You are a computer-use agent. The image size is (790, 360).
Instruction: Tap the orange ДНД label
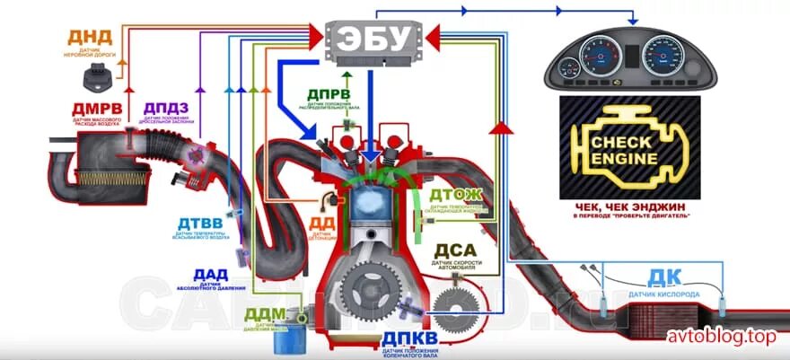91,38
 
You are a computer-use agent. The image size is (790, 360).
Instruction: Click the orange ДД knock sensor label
322,223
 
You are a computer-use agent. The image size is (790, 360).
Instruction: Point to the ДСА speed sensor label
455,250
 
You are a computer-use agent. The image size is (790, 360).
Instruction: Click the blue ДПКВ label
408,338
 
